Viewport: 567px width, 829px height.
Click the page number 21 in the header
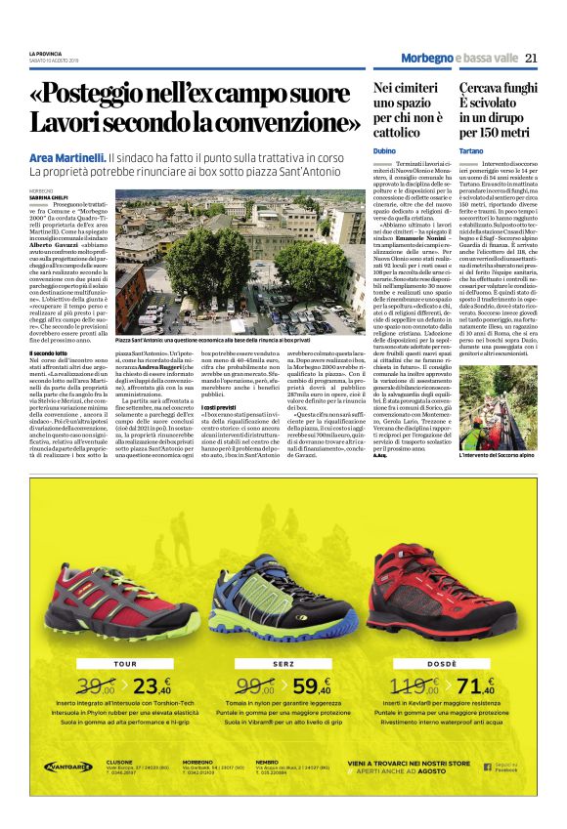531,58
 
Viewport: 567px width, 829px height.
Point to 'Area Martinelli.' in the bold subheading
67,156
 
